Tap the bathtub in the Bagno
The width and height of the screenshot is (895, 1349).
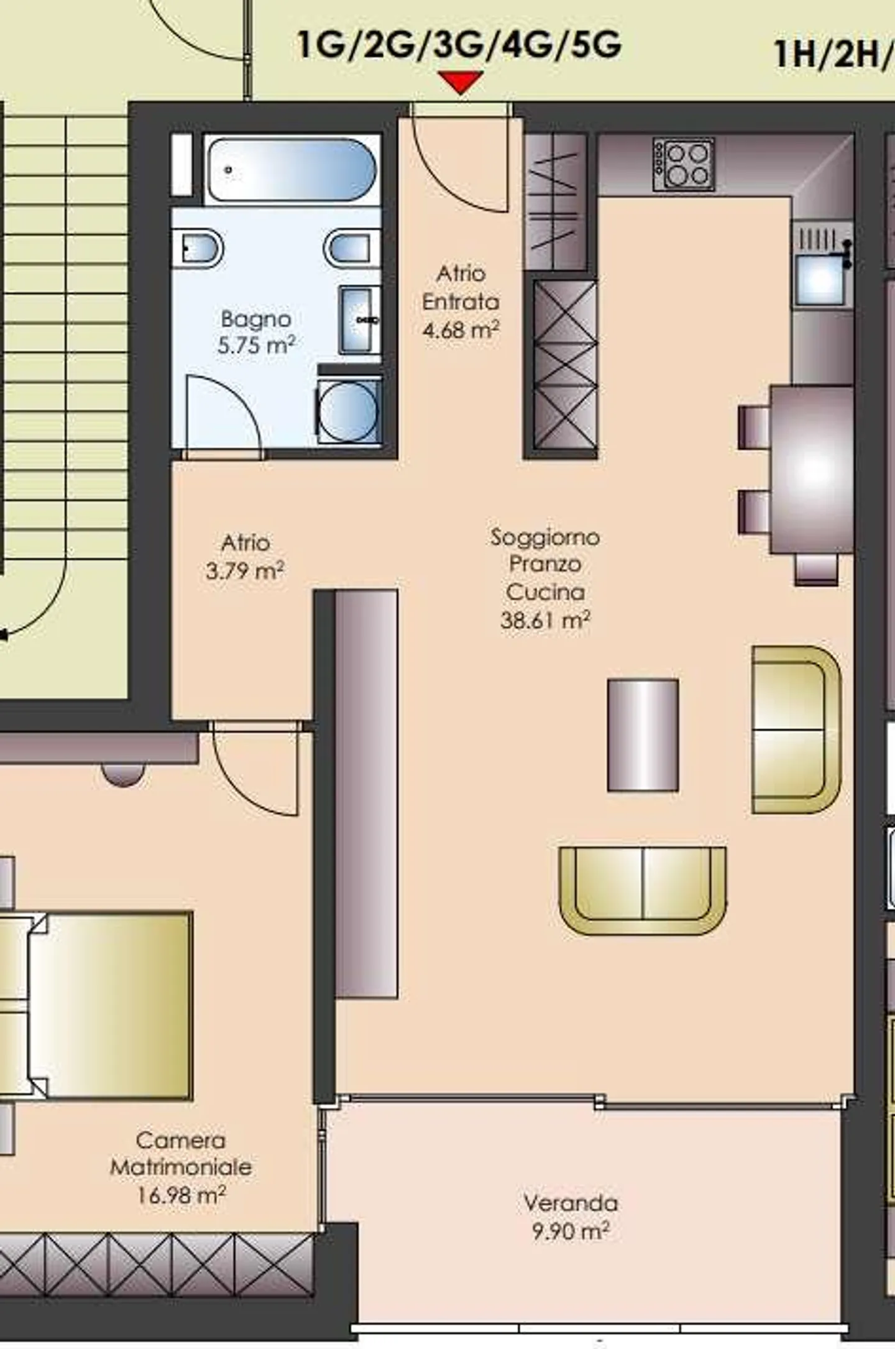[291, 169]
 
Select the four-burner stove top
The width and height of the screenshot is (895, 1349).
[684, 164]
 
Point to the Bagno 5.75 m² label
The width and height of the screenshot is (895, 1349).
[256, 332]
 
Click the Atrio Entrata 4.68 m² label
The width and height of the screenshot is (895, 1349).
[461, 302]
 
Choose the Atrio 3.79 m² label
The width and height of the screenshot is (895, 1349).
[245, 556]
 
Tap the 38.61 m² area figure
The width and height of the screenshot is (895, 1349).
[545, 620]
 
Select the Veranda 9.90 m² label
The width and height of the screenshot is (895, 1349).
[571, 1216]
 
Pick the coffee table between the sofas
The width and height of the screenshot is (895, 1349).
[643, 735]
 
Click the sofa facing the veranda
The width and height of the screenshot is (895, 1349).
[643, 890]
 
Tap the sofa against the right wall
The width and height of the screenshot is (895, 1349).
[797, 730]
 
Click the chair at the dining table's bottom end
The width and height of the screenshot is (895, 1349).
[816, 570]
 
